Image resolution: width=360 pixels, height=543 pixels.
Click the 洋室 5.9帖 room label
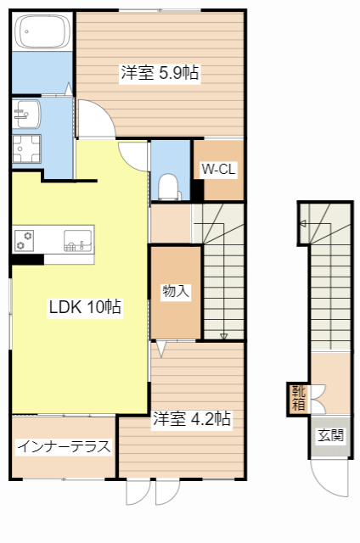point(160,74)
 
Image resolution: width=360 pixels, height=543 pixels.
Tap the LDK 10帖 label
point(85,308)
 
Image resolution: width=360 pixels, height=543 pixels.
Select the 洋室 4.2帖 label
point(192,418)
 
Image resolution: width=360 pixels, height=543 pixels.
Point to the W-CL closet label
point(218,170)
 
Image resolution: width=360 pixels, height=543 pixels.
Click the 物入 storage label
point(176,292)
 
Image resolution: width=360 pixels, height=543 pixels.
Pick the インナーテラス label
point(63,445)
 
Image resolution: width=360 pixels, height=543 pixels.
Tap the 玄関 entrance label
point(330,436)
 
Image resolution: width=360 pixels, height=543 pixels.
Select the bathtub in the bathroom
point(43,34)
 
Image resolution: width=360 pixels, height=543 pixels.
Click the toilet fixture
point(169,184)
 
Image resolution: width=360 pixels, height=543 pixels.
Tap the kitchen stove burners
point(24,240)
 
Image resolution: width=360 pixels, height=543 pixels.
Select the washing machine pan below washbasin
point(27,149)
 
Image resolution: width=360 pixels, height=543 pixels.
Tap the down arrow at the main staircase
point(224,336)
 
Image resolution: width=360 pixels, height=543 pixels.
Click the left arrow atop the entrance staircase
point(304,224)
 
